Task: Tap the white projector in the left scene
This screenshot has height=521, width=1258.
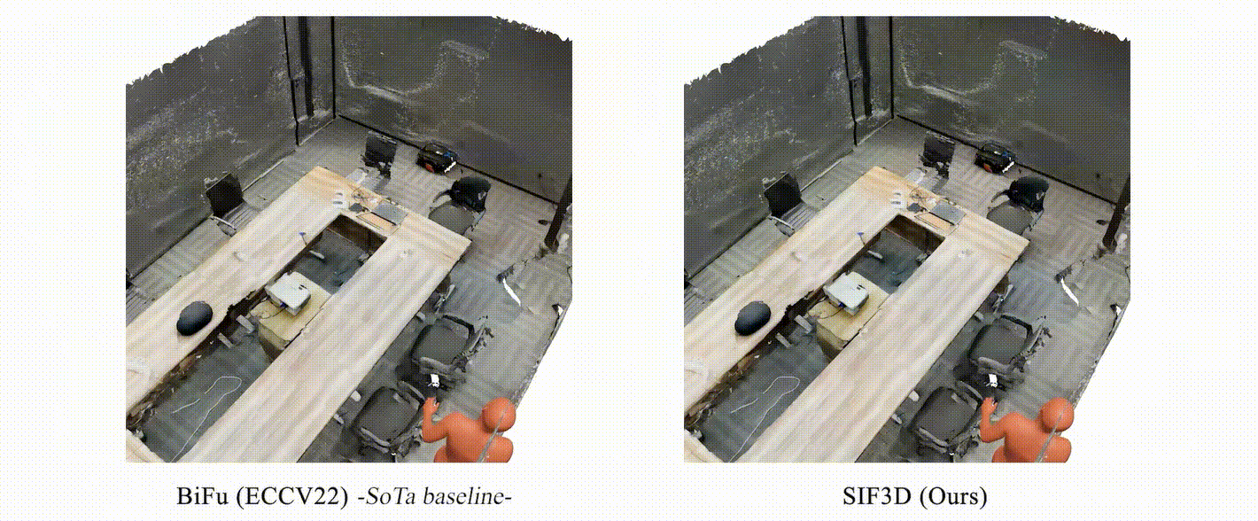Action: click(x=289, y=292)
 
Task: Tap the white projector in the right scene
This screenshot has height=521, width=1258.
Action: click(x=847, y=292)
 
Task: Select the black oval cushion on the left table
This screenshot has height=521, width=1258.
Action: click(x=195, y=318)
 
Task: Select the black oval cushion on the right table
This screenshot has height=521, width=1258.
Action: click(x=754, y=318)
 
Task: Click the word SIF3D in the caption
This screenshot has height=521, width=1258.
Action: click(x=876, y=496)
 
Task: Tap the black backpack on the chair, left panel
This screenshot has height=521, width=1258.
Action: click(x=470, y=192)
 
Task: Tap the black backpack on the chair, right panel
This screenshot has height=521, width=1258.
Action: click(x=1029, y=192)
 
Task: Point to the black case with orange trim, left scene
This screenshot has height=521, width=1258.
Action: click(x=437, y=156)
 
